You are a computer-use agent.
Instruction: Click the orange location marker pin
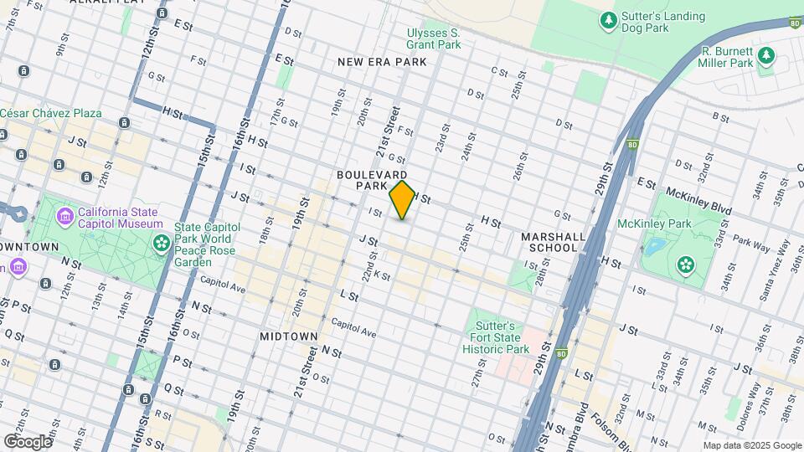403,199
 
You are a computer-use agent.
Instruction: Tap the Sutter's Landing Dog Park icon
609,18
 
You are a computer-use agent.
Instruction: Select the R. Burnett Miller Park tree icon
765,56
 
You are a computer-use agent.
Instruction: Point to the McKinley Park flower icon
686,265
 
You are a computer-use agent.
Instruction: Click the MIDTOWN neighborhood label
288,336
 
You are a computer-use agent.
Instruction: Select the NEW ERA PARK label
382,62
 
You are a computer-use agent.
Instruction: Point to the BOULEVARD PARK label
372,179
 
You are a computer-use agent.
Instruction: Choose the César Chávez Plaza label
50,113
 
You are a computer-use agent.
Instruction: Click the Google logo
28,441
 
